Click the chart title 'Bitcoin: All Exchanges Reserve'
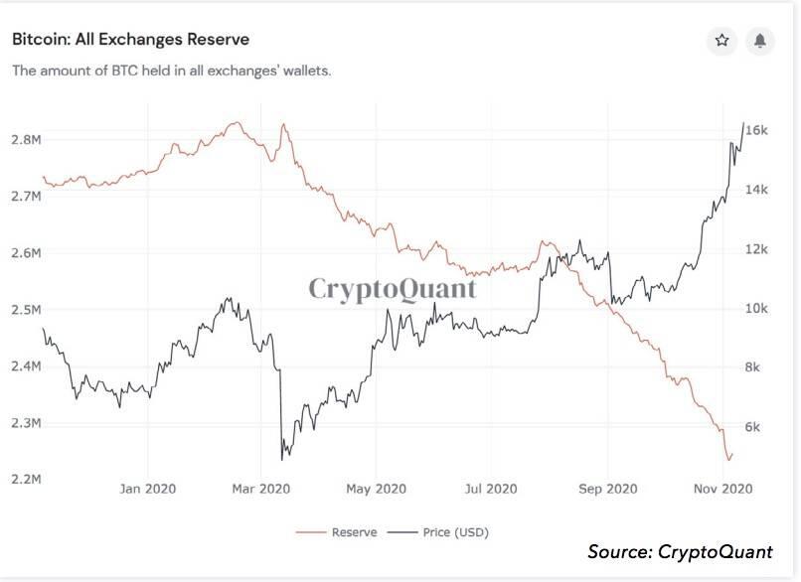click(x=130, y=40)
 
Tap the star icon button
click(x=722, y=41)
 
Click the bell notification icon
click(x=759, y=41)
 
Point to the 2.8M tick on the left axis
click(x=26, y=140)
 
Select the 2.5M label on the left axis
click(x=26, y=310)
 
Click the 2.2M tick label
click(x=26, y=480)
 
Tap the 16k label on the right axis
click(x=756, y=130)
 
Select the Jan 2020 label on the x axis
click(x=147, y=490)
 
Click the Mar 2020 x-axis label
click(x=260, y=490)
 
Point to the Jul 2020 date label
click(x=490, y=490)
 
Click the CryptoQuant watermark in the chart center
click(x=392, y=288)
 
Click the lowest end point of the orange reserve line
click(x=729, y=460)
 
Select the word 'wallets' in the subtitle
click(x=301, y=72)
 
